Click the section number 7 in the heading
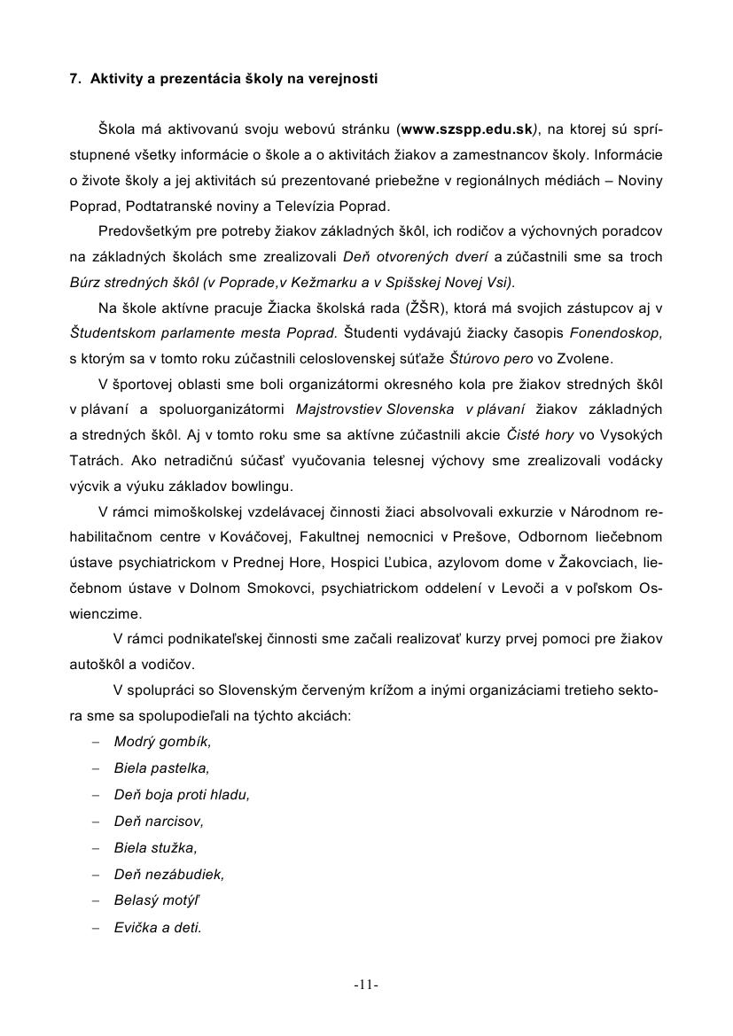[x=74, y=79]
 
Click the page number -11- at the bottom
[x=366, y=985]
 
